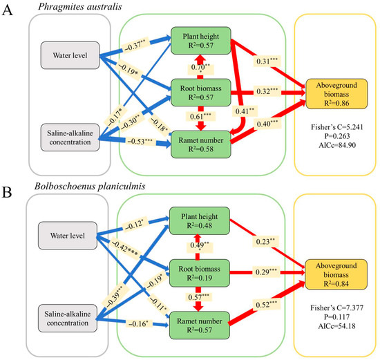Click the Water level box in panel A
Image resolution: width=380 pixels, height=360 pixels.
[70, 55]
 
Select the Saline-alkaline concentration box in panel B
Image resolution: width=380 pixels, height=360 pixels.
[68, 319]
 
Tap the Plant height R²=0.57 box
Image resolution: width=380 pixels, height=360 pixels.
[201, 41]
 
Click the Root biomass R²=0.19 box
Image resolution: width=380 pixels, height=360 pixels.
[200, 273]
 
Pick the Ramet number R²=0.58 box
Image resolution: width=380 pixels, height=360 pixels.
[201, 144]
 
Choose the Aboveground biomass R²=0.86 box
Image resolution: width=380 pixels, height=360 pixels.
[336, 94]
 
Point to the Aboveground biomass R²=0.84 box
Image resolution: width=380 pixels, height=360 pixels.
[336, 274]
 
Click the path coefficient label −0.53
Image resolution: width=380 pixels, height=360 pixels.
[140, 141]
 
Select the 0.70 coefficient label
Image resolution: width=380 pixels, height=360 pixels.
[200, 68]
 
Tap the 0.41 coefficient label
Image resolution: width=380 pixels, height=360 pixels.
[245, 111]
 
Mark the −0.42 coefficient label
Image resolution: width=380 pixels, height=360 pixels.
[125, 248]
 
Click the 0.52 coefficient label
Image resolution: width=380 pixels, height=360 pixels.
[266, 304]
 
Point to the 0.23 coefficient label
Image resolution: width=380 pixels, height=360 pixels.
[265, 241]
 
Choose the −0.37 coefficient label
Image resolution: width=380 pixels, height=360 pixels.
[135, 46]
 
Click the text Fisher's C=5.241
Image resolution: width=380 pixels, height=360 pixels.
[337, 127]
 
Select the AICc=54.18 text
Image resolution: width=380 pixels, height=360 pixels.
[337, 326]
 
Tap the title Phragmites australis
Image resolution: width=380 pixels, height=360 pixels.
[80, 6]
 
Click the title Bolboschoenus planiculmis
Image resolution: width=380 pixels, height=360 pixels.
[90, 186]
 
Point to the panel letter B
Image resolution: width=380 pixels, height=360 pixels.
[7, 193]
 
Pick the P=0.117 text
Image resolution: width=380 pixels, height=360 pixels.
[337, 317]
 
